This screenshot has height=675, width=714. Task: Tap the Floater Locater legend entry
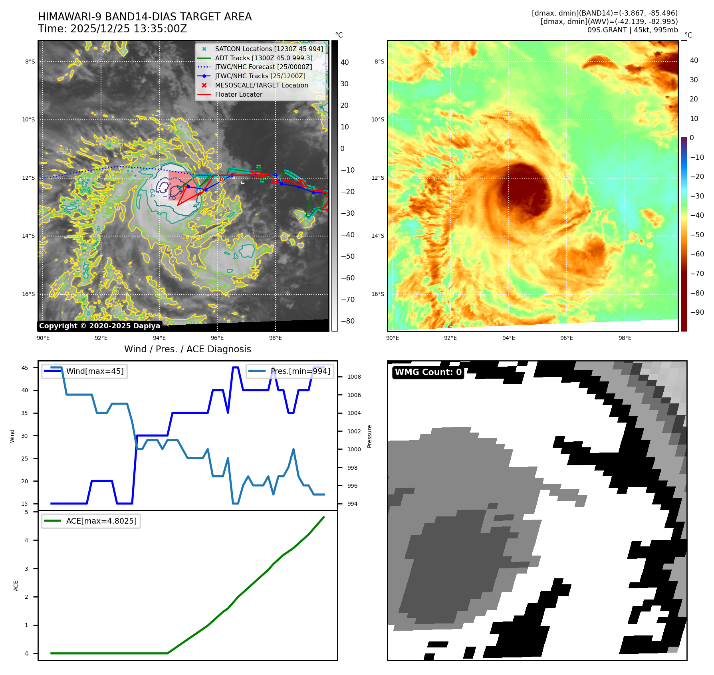coord(238,95)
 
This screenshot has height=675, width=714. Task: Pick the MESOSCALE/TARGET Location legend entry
coord(261,85)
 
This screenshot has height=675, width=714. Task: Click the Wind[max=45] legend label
coord(95,371)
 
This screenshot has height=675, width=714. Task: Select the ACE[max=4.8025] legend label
coord(101,521)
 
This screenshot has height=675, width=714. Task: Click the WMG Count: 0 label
coord(428,372)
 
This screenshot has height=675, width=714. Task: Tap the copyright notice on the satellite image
coord(99,326)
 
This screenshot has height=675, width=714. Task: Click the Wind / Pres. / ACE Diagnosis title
coord(188,349)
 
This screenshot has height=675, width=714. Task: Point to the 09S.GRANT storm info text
coord(632,30)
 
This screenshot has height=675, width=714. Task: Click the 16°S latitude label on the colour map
coord(378,294)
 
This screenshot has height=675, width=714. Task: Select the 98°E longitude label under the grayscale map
coord(276,338)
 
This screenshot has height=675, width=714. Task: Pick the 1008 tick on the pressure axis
coord(354,377)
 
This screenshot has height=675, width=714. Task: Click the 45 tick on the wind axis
coord(25,368)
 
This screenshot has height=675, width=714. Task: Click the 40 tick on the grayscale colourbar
coord(345,62)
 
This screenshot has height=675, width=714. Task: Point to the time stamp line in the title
coord(112,29)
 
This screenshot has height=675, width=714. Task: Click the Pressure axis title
coord(370,437)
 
